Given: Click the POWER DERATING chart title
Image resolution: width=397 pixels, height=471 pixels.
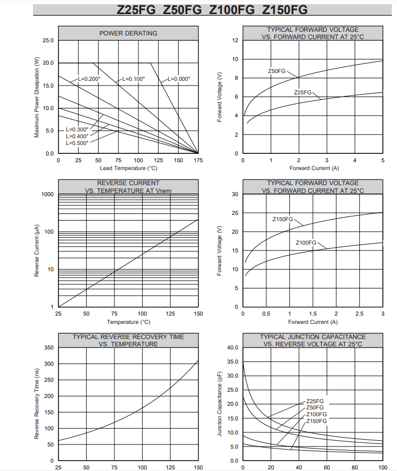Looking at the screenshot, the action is [x=128, y=33].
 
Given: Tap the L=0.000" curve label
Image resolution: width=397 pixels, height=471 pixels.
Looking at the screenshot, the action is [x=179, y=79].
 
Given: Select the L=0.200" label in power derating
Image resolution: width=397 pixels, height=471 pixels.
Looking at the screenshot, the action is [x=89, y=79].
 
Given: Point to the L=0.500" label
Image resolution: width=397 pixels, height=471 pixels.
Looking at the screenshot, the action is [x=77, y=143].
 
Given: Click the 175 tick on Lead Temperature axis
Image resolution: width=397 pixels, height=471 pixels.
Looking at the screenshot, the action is [x=198, y=161].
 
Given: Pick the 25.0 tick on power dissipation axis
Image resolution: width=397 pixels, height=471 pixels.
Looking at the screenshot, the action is [x=48, y=40].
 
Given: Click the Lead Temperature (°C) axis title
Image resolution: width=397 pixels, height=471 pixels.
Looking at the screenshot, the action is [x=129, y=168].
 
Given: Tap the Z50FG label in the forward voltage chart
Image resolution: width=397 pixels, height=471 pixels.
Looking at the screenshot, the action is [x=277, y=71].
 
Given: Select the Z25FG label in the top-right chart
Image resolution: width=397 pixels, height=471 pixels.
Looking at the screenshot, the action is [x=302, y=92].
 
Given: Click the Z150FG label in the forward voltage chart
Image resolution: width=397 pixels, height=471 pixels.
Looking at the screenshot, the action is [x=283, y=219].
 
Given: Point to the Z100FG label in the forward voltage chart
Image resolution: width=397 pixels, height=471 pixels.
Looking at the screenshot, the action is [x=306, y=243].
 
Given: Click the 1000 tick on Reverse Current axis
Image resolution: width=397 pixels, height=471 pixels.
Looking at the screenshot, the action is [x=48, y=195].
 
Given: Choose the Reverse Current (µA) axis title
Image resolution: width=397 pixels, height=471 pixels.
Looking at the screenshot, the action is [x=37, y=250].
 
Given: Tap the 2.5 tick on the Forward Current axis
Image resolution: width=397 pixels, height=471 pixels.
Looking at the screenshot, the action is [x=359, y=314].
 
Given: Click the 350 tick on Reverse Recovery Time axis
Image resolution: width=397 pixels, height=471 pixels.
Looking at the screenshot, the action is [x=49, y=347].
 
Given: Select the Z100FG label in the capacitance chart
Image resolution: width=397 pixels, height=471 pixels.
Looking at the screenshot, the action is [x=317, y=415].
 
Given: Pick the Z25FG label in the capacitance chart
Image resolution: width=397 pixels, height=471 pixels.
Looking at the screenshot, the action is [x=315, y=401].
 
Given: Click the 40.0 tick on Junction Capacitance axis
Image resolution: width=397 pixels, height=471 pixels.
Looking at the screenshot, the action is [x=232, y=347].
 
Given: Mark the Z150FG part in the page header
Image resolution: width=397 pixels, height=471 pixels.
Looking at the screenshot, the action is [x=285, y=10].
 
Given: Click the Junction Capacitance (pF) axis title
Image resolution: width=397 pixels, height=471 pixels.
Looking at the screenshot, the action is [x=219, y=404].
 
